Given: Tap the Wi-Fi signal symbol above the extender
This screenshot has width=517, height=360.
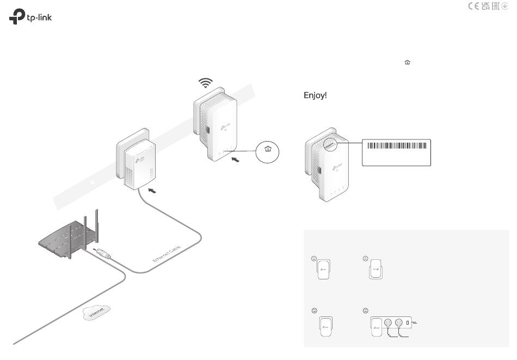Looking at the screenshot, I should [x=205, y=83].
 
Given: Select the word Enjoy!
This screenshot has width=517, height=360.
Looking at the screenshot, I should [x=315, y=96].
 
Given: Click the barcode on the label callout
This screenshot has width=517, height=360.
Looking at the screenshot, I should [x=396, y=145].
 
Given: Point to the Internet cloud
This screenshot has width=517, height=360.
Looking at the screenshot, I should [x=96, y=314].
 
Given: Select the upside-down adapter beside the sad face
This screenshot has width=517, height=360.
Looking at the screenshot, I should [x=375, y=270].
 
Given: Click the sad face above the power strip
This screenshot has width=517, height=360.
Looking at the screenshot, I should [x=365, y=310].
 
